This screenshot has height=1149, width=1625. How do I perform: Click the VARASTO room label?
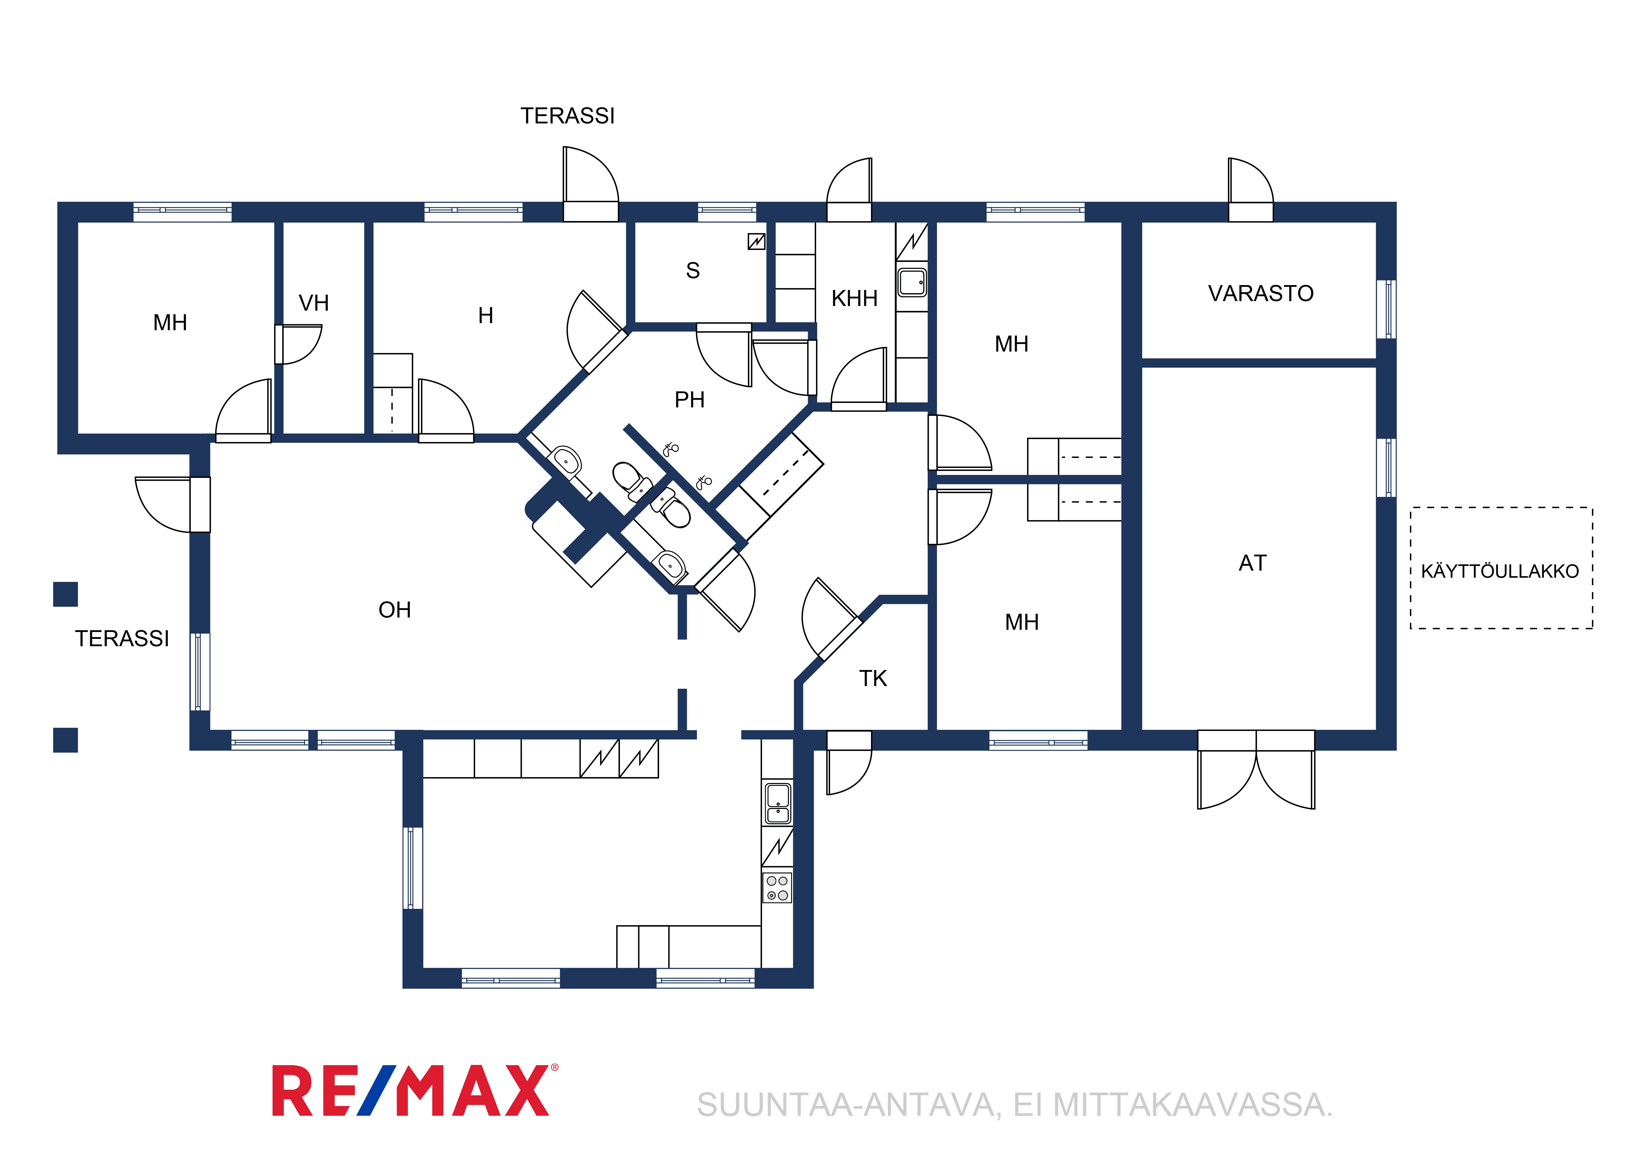tap(1261, 293)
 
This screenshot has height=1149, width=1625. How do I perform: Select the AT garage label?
tap(1253, 563)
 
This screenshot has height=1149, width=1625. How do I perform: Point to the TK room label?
tap(873, 678)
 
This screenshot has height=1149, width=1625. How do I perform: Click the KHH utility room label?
tap(854, 298)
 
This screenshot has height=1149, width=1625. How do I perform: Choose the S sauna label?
tap(693, 270)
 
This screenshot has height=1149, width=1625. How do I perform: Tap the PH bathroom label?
tap(689, 400)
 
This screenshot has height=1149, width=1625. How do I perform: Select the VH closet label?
tap(314, 303)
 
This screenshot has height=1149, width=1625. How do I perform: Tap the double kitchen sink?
tap(778, 803)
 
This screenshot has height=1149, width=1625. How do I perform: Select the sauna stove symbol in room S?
tap(757, 241)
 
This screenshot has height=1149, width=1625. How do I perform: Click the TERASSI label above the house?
tap(568, 115)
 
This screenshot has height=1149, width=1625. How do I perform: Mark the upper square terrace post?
tap(65, 594)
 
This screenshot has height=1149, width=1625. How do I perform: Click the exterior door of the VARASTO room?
tap(1251, 190)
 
